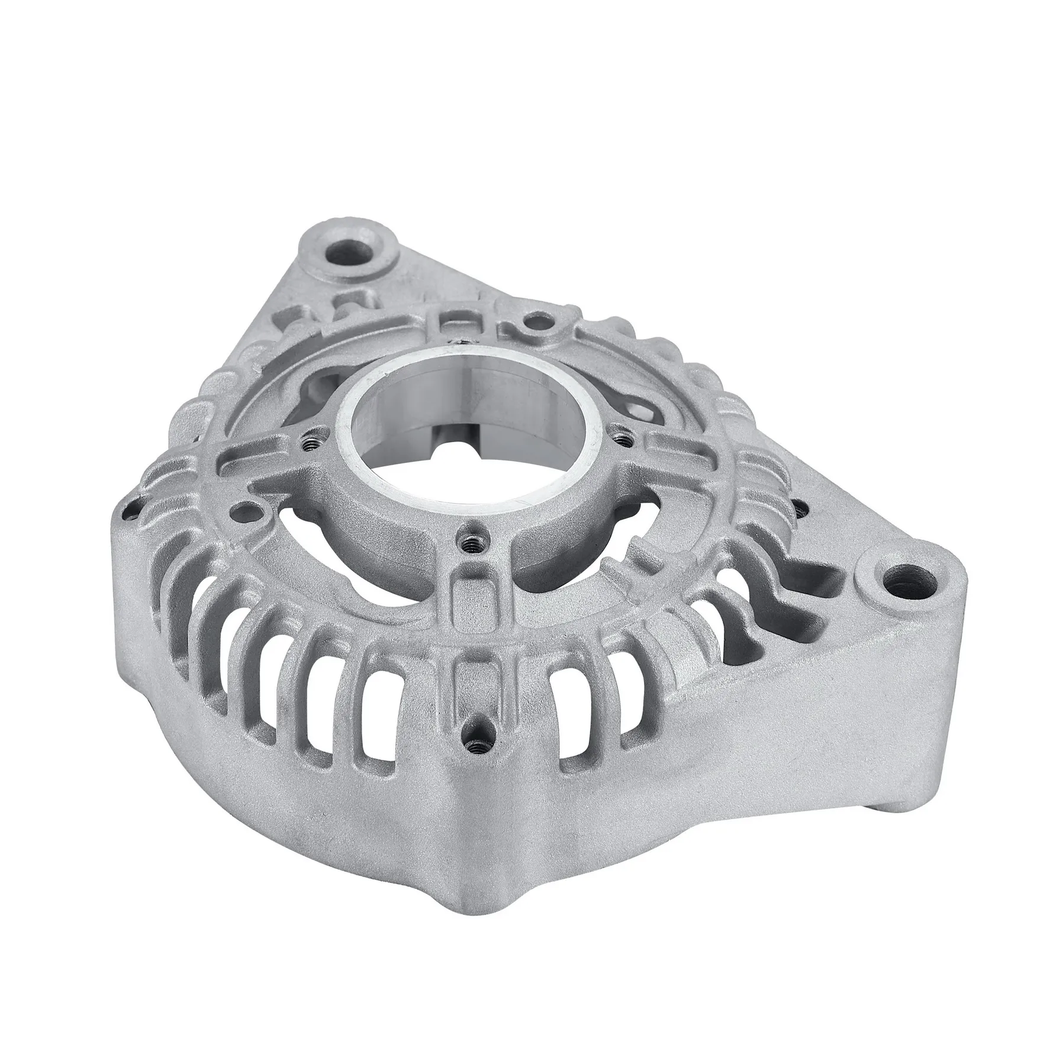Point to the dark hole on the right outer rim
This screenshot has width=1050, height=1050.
click(x=800, y=508)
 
